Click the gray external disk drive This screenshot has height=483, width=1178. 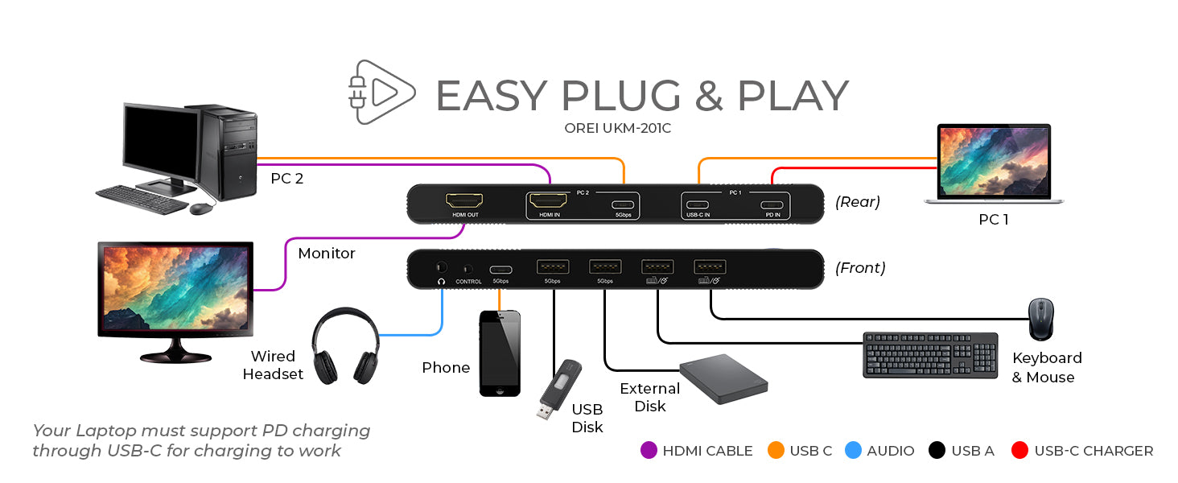coord(723,378)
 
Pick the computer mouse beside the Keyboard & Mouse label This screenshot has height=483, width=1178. coord(1040,319)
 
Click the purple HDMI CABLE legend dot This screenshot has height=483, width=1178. coord(649,451)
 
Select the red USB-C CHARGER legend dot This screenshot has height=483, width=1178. coord(1020,451)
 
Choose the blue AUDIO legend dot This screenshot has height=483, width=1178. coord(853,451)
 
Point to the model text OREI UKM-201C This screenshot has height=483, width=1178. coord(617,128)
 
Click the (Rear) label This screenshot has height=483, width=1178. coord(858,202)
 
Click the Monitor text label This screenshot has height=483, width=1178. coord(327,254)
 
